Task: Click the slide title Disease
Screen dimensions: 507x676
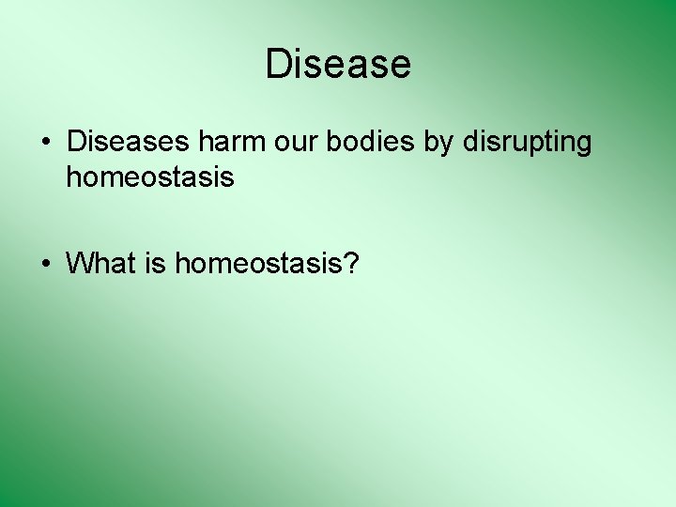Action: click(x=338, y=65)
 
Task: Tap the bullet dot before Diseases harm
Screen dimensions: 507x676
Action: click(x=45, y=144)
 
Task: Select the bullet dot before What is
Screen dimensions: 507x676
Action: click(x=45, y=265)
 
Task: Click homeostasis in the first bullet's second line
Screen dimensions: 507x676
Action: click(x=149, y=177)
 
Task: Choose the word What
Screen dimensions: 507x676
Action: click(x=101, y=264)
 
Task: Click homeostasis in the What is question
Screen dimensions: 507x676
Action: click(x=258, y=264)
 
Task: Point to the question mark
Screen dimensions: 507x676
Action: click(x=351, y=264)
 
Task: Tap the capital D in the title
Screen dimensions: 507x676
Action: click(x=278, y=65)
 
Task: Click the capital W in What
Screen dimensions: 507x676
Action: click(x=81, y=264)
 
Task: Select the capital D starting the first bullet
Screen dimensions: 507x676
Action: click(x=75, y=143)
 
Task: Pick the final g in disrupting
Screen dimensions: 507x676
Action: click(x=584, y=146)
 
